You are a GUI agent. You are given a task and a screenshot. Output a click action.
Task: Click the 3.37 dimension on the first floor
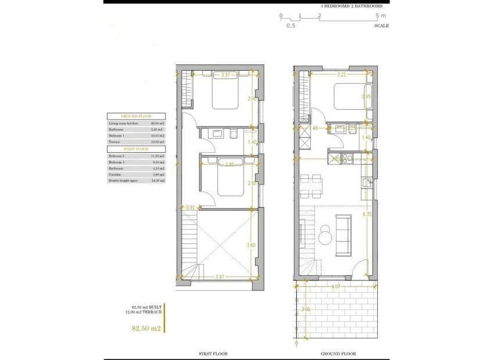click(x=225, y=75)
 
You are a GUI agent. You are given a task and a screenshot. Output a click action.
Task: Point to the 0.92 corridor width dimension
click(x=189, y=207)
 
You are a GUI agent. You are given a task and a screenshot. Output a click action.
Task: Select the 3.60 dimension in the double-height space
click(x=251, y=246)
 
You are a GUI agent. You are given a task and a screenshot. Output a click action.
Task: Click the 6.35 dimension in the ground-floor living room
click(x=366, y=215)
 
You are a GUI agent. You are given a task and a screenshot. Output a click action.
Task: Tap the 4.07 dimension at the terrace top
click(x=336, y=286)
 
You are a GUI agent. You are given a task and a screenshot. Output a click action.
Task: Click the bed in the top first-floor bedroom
click(x=225, y=95)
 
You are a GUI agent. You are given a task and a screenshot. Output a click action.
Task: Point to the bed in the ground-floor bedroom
click(x=349, y=97)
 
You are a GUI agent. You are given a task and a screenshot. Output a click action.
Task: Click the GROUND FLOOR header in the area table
click(x=136, y=116)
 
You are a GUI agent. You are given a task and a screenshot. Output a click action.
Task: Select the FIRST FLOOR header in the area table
click(x=136, y=149)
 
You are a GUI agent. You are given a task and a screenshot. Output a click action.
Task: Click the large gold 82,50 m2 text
click(x=146, y=329)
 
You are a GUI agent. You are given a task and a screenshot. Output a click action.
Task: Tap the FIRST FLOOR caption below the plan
click(x=213, y=354)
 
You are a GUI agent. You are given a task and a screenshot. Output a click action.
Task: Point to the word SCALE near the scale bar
click(x=382, y=26)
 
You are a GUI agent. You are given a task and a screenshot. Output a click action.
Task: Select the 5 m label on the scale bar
click(x=381, y=16)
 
